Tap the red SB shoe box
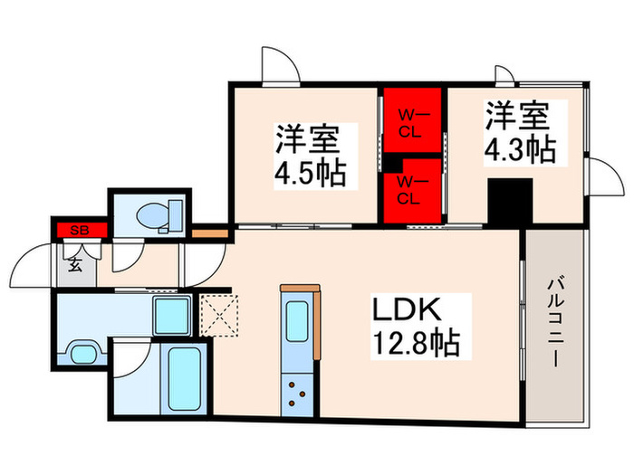(x=80, y=229)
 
